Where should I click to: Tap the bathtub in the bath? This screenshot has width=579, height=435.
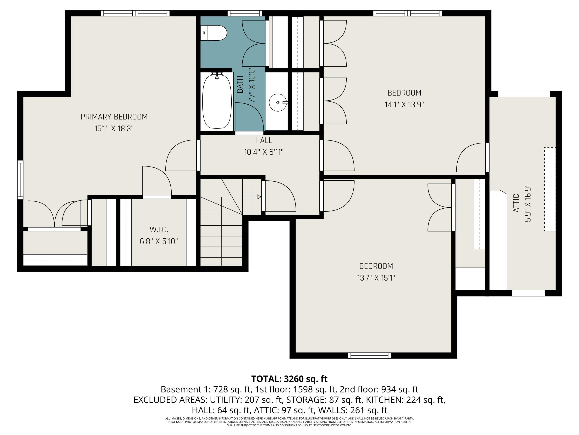click(217, 102)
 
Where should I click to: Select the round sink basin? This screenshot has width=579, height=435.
click(278, 102)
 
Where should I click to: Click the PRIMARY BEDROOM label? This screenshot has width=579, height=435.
click(114, 117)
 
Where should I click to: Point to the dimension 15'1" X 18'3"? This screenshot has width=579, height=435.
click(114, 129)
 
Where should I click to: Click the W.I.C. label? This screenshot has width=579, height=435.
click(159, 230)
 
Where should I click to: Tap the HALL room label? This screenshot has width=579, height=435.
click(264, 141)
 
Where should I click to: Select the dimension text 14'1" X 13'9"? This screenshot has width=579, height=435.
click(404, 105)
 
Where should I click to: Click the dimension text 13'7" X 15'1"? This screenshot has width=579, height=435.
click(376, 278)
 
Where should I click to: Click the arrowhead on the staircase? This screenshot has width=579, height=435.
click(259, 197)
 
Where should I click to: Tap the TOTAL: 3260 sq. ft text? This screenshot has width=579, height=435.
click(289, 379)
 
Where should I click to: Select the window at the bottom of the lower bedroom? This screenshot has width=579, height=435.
click(369, 356)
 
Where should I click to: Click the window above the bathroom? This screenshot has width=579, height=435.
click(245, 13)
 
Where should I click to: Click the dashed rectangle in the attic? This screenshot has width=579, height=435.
click(550, 189)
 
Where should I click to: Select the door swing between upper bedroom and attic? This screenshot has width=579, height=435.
click(471, 157)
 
